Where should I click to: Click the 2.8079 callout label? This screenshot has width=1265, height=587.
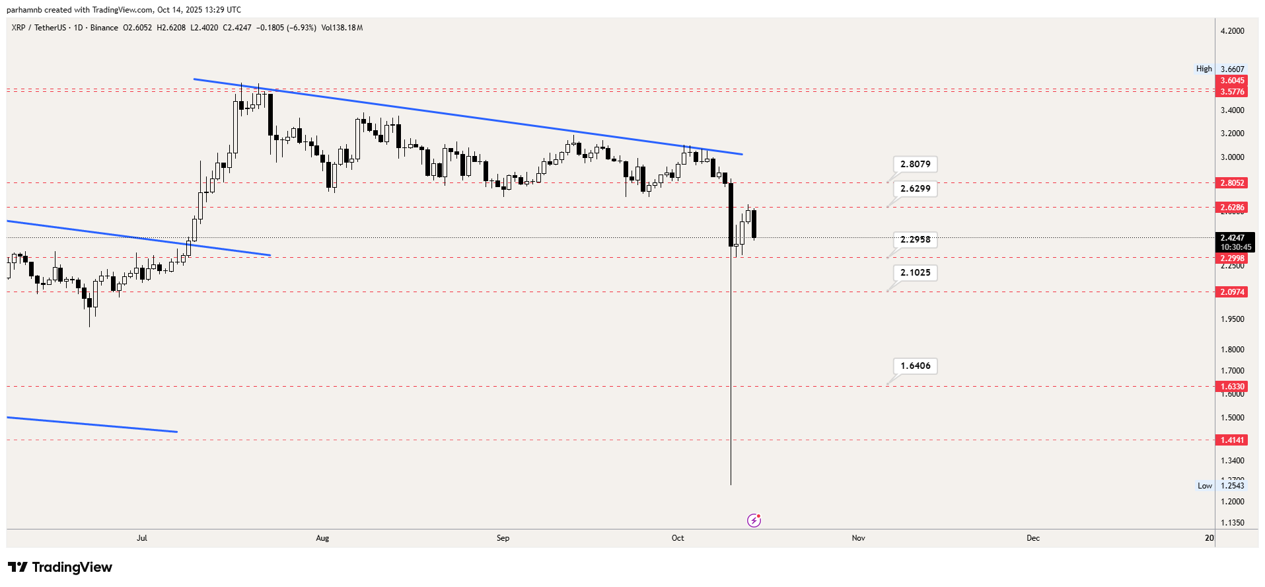coord(915,164)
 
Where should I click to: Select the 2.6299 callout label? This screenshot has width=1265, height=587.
coord(915,188)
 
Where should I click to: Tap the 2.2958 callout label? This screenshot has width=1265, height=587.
coord(915,239)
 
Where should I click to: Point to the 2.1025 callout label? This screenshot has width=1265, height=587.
coord(915,272)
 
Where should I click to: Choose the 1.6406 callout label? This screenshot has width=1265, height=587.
coord(915,366)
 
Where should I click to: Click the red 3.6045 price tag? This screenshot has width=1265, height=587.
coord(1232,81)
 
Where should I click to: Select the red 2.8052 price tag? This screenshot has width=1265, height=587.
coord(1232,183)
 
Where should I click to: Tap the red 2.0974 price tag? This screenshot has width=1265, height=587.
coord(1232,292)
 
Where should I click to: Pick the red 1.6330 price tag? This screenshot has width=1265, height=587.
coord(1232,387)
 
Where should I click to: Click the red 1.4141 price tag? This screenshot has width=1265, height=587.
coord(1232,440)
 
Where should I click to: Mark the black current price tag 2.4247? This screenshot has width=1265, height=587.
coord(1235,242)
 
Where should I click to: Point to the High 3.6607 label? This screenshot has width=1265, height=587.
coord(1220,69)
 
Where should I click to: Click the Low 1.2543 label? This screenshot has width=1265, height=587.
coord(1221,486)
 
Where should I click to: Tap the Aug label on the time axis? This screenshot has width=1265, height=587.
coord(322,538)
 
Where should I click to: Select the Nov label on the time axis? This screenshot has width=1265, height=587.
coord(858,538)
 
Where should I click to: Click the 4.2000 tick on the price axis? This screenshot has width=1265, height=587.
coord(1232,31)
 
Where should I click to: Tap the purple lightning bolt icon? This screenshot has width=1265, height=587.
coord(754,521)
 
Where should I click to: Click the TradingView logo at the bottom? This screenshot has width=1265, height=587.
coord(60,567)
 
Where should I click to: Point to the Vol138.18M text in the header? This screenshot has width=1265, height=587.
coord(342,28)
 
